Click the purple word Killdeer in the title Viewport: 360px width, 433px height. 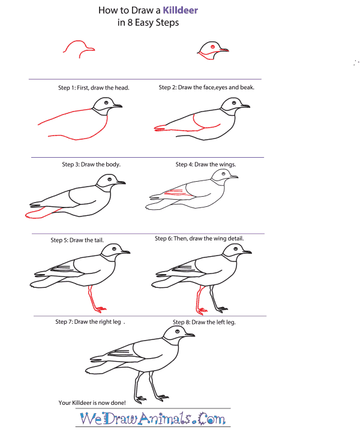pyautogui.click(x=177, y=11)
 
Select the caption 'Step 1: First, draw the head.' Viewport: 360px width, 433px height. pyautogui.click(x=94, y=88)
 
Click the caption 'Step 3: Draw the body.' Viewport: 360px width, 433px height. pyautogui.click(x=91, y=164)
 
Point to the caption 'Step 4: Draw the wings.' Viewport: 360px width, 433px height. pyautogui.click(x=206, y=164)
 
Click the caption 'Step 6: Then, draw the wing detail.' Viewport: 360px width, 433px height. pyautogui.click(x=199, y=239)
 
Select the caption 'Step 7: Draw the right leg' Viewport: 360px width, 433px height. pyautogui.click(x=89, y=322)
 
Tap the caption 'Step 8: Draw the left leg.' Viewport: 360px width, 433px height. pyautogui.click(x=204, y=322)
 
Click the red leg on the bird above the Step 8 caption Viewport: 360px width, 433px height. pyautogui.click(x=199, y=299)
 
